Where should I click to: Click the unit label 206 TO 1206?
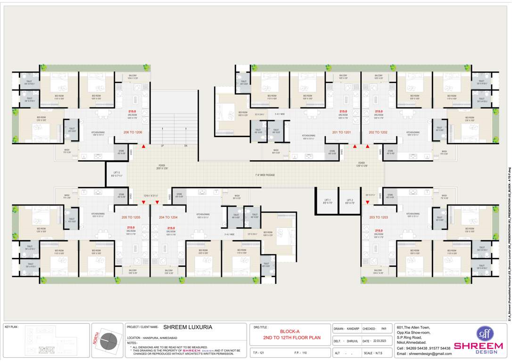tap(132, 132)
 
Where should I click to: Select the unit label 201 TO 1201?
tap(341, 132)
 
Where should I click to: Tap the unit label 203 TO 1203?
tap(379, 217)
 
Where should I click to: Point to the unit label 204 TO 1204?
tap(168, 217)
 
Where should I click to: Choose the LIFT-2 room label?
tap(349, 201)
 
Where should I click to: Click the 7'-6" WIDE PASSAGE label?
tap(265, 175)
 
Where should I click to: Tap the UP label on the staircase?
tap(162, 146)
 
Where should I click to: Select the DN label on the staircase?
tap(186, 146)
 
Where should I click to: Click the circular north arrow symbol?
tap(111, 341)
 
